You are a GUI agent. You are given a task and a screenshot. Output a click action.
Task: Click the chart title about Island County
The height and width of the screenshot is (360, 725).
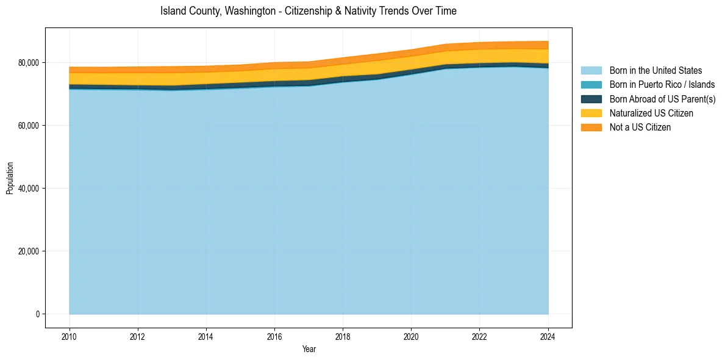click(309, 11)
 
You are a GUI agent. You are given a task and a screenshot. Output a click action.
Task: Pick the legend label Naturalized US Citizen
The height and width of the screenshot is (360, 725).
click(651, 113)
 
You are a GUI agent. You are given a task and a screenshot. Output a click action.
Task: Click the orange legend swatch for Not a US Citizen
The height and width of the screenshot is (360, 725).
click(591, 127)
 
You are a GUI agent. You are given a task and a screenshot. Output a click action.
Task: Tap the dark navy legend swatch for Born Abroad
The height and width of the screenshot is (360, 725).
click(591, 99)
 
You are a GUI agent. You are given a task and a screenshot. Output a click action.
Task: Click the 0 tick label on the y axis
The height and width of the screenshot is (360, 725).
click(37, 314)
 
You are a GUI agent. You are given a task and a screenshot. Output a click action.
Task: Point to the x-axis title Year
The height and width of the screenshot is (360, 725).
click(309, 349)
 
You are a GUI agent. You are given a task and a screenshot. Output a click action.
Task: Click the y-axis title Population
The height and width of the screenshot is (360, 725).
click(10, 178)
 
